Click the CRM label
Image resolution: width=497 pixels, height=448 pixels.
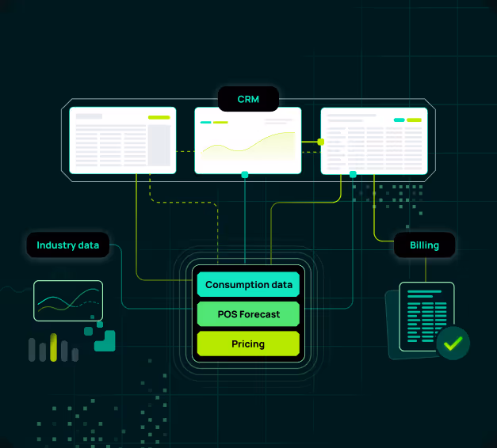pos(248,99)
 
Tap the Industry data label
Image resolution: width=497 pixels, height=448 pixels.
pos(67,245)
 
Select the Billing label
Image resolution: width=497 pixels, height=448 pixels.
pos(424,245)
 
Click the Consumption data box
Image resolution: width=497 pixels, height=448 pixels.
pos(248,285)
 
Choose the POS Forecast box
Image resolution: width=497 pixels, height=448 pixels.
pos(248,314)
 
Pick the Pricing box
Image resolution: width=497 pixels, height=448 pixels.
pos(248,344)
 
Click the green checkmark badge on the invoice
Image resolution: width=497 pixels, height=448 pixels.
pos(453,344)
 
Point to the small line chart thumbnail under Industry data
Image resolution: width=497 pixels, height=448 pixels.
pos(68,301)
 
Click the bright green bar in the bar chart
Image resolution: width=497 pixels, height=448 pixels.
pos(54,347)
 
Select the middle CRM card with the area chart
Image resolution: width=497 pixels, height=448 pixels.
pos(248,140)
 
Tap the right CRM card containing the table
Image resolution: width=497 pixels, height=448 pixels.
pos(374,140)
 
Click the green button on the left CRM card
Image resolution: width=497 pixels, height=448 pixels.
pos(159,117)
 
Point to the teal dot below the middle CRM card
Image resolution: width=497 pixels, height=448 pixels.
pos(245,174)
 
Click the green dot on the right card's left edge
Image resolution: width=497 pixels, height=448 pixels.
pos(321,142)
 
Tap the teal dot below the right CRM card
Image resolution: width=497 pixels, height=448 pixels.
pos(353,173)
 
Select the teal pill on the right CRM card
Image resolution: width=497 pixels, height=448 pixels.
pos(399,120)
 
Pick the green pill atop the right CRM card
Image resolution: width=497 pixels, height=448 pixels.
pos(414,120)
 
